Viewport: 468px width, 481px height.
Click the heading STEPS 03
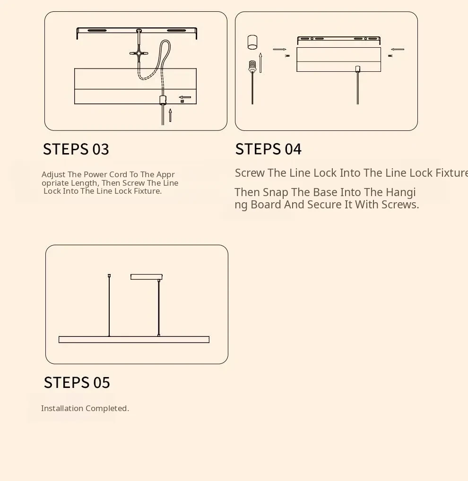pyautogui.click(x=76, y=149)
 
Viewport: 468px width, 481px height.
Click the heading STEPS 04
pyautogui.click(x=268, y=149)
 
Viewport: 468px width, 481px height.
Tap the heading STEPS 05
pyautogui.click(x=77, y=383)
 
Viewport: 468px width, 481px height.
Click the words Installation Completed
pyautogui.click(x=85, y=408)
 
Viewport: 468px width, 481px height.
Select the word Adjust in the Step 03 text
pyautogui.click(x=53, y=174)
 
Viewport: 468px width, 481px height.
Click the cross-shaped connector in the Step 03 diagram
pyautogui.click(x=139, y=53)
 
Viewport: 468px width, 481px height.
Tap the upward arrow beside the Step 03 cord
pyautogui.click(x=170, y=115)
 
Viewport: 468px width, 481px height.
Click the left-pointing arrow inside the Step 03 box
pyautogui.click(x=185, y=97)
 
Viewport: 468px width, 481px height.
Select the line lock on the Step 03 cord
pyautogui.click(x=163, y=100)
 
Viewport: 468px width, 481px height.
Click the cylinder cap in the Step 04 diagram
pyautogui.click(x=252, y=42)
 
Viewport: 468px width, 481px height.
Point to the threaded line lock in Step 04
pyautogui.click(x=252, y=67)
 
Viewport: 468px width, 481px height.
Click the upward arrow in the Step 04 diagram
pyautogui.click(x=260, y=62)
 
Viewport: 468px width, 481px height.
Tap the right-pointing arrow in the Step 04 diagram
pyautogui.click(x=279, y=49)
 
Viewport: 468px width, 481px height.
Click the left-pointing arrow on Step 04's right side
pyautogui.click(x=398, y=49)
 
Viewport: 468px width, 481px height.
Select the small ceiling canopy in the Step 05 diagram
pyautogui.click(x=147, y=277)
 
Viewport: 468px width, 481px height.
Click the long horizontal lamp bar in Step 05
pyautogui.click(x=134, y=340)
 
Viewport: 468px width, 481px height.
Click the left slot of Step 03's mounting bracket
pyautogui.click(x=97, y=30)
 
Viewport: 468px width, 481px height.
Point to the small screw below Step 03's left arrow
pyautogui.click(x=182, y=101)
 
